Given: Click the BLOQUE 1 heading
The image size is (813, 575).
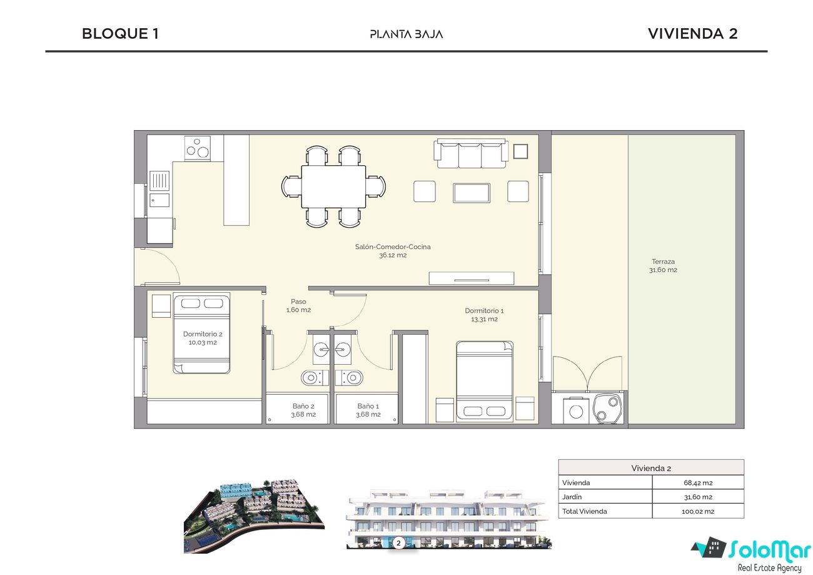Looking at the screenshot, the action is click(x=120, y=34).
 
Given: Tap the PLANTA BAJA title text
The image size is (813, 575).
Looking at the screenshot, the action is click(x=406, y=34).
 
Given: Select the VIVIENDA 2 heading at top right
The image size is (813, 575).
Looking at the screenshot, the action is click(x=693, y=34).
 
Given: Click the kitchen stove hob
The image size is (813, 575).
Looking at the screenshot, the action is click(x=198, y=148).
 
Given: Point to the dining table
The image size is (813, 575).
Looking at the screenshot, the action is click(x=333, y=186).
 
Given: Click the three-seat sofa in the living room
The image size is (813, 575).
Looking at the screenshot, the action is click(x=471, y=153).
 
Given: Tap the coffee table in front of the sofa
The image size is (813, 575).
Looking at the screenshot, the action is click(x=472, y=193).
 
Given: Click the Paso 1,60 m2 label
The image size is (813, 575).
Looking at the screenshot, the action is click(x=298, y=306).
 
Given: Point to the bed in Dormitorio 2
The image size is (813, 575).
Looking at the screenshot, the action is click(x=201, y=333).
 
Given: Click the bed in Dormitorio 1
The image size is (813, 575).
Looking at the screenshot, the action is click(x=485, y=381).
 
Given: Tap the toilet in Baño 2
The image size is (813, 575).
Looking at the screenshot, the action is click(x=315, y=378).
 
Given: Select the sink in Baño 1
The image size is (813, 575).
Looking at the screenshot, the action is click(x=343, y=350).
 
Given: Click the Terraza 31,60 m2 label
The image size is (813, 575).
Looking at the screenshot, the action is click(x=663, y=266).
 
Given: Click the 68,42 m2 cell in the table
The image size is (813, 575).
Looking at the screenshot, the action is click(x=698, y=483).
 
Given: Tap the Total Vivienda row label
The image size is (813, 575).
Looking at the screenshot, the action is click(x=584, y=511).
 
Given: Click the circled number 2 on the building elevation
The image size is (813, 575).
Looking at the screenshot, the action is click(x=398, y=543).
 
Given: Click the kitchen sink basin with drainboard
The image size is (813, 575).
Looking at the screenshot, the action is click(x=159, y=190).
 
